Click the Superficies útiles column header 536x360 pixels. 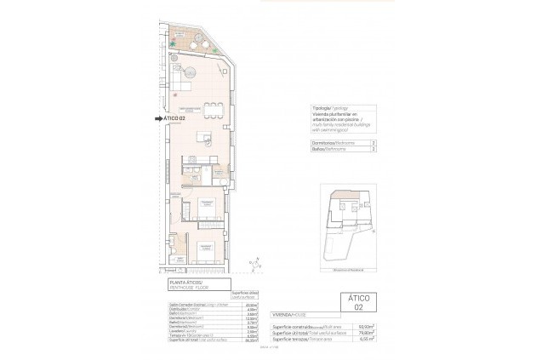click(247, 294)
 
